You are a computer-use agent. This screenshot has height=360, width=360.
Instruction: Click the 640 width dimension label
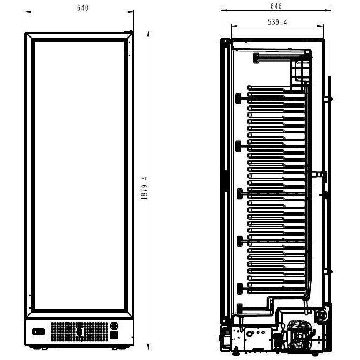pos(82,7)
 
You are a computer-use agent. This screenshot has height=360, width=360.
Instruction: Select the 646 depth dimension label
pos(276,6)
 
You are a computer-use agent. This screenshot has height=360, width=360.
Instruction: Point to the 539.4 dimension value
pos(277,22)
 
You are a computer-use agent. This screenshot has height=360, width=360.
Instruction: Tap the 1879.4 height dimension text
pos(144,188)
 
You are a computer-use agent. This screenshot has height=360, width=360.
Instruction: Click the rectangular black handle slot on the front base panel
pos(39,332)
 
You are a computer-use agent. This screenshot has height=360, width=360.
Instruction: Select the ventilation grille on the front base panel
pos(79,332)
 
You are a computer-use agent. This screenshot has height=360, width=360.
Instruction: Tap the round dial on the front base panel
pos(114,326)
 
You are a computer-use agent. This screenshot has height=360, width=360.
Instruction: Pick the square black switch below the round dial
pos(114,335)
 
